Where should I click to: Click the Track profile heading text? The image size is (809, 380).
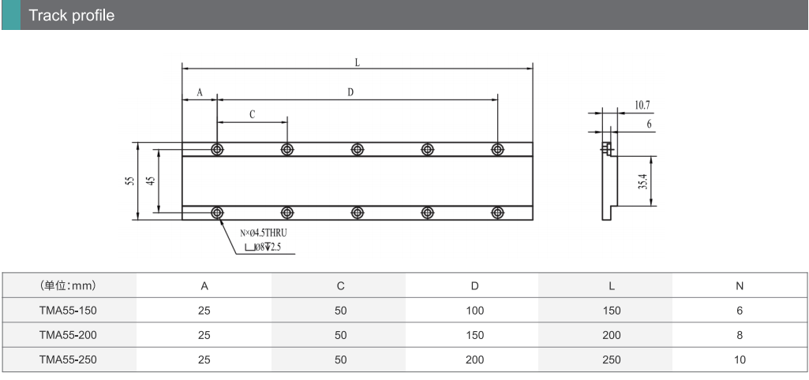71,15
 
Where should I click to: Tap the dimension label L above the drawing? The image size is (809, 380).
357,63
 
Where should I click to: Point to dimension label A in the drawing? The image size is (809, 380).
200,93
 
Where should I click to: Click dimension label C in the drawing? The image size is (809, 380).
253,115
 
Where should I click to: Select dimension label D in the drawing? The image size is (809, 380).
350,92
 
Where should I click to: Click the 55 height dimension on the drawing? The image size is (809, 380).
130,181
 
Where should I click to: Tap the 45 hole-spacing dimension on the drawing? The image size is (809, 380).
152,181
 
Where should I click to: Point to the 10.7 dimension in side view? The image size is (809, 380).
642,105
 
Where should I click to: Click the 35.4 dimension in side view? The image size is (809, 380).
643,181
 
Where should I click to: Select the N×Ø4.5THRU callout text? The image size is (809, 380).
264,233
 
